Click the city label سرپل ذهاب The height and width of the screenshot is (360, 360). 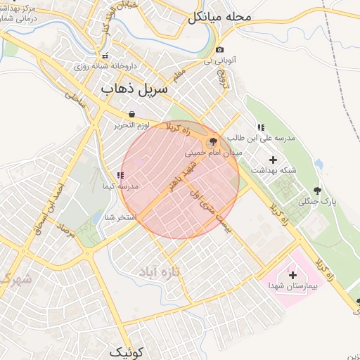pyautogui.click(x=134, y=89)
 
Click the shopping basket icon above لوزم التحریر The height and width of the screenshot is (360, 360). pyautogui.click(x=131, y=114)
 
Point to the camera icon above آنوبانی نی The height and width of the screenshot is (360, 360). pyautogui.click(x=220, y=49)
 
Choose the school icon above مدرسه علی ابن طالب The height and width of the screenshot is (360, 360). pyautogui.click(x=261, y=127)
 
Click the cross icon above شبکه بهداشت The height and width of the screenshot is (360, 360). pyautogui.click(x=273, y=160)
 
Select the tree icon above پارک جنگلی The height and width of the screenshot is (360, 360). pyautogui.click(x=317, y=190)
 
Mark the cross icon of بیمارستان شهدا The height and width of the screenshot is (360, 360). pyautogui.click(x=293, y=274)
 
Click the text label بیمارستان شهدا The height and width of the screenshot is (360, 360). pyautogui.click(x=293, y=286)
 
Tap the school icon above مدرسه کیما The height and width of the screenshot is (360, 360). pyautogui.click(x=120, y=175)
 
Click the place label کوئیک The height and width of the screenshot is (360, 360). pyautogui.click(x=127, y=351)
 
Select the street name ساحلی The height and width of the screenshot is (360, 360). pyautogui.click(x=75, y=103)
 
